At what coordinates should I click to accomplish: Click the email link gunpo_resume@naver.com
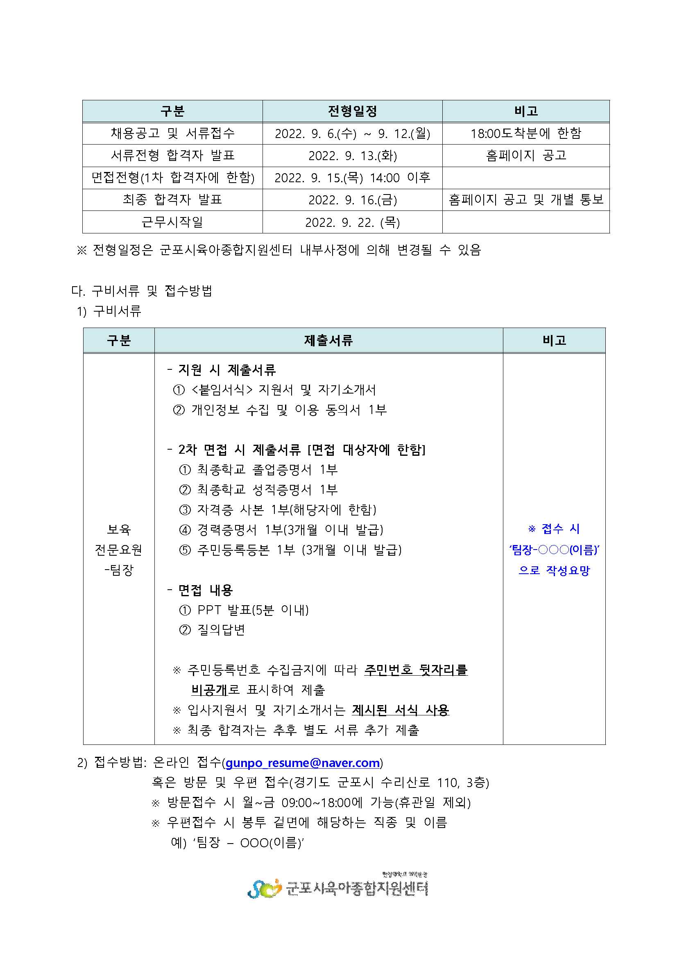pos(302,763)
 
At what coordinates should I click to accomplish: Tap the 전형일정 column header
pos(352,111)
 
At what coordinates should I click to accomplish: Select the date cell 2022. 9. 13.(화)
pos(352,156)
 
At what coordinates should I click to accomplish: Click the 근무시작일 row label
pos(172,222)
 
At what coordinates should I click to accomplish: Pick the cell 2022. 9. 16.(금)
pos(352,200)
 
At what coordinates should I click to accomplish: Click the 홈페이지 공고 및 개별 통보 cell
pos(526,200)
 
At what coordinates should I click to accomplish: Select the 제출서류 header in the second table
pos(328,341)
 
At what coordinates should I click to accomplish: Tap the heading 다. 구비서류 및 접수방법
pos(142,290)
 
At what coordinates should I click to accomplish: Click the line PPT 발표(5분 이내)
pos(253,610)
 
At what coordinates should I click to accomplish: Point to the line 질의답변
pos(221,630)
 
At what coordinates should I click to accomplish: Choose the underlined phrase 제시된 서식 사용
pos(400,710)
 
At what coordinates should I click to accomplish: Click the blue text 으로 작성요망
pos(554,570)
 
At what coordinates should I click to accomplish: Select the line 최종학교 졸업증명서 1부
pos(267,470)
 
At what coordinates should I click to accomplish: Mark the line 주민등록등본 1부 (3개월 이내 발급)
pos(299,550)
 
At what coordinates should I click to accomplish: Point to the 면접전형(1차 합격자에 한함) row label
pos(172,178)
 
